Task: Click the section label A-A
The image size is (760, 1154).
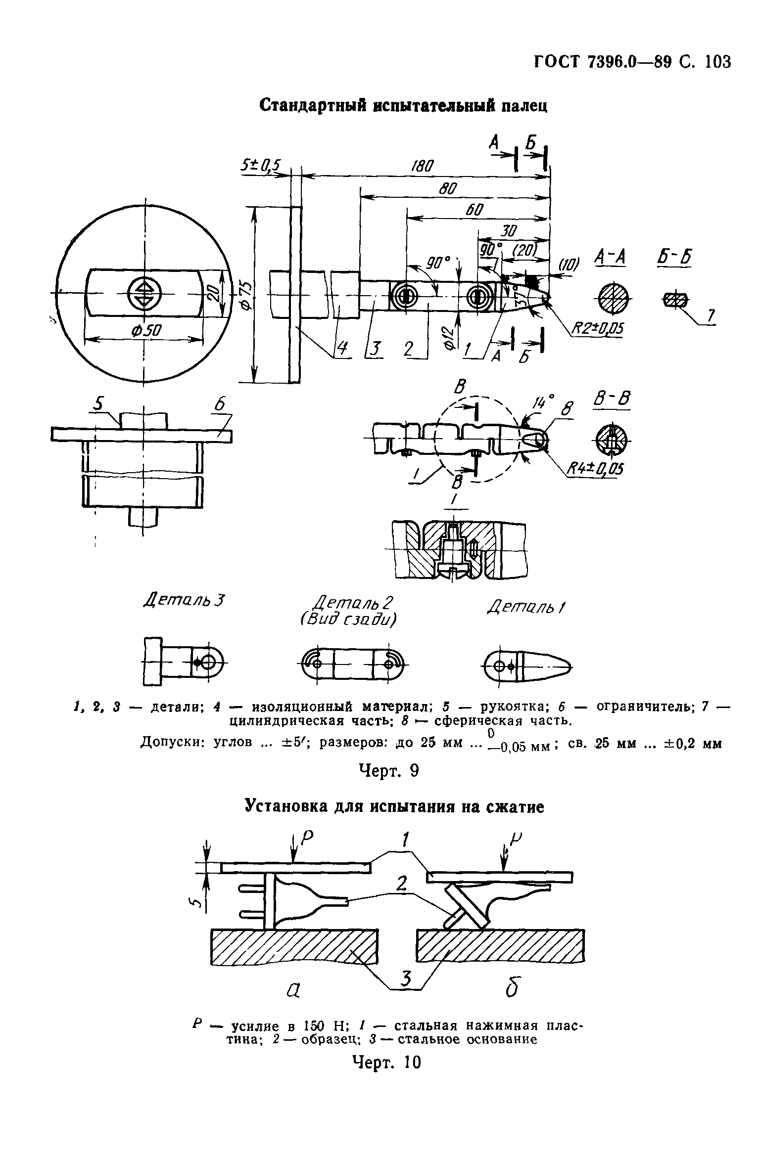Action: (611, 258)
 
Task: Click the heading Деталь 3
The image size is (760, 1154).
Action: (184, 601)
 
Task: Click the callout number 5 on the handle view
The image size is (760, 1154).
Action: (100, 405)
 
